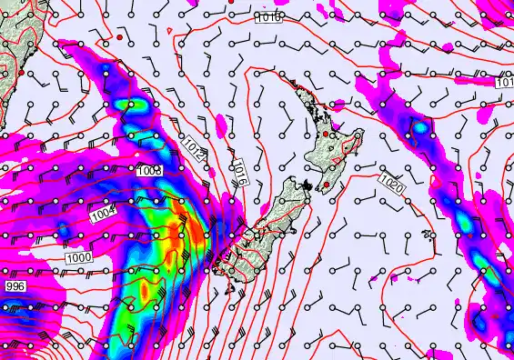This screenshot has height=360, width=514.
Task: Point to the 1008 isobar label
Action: coord(151,171)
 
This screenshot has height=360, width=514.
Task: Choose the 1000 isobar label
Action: coord(80,258)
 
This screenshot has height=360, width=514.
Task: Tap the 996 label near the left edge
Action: coord(15,286)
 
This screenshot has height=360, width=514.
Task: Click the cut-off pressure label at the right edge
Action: coord(505,83)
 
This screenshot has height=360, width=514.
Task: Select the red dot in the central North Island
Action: coord(327,135)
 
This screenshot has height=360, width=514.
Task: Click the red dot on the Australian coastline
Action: coord(20,73)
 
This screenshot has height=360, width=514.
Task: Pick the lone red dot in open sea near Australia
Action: coord(120,39)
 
